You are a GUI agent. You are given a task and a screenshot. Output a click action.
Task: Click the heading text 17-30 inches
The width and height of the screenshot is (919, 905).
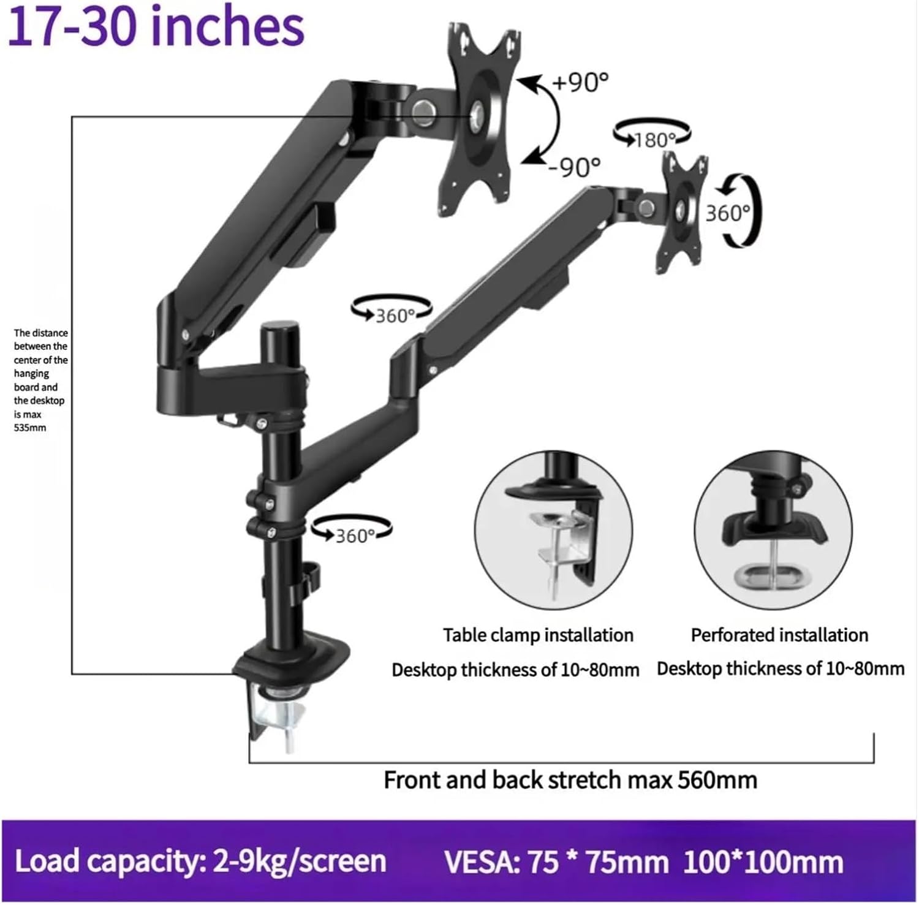coord(156,27)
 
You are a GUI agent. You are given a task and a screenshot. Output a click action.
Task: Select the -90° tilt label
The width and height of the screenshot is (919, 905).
coord(573,166)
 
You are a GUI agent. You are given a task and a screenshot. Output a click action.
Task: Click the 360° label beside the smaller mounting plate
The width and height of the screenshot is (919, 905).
coord(728,213)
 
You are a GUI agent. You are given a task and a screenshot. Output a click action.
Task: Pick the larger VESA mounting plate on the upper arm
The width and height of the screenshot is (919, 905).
coord(479,116)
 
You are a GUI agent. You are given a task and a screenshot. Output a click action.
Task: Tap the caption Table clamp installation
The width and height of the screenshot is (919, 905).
coord(538,635)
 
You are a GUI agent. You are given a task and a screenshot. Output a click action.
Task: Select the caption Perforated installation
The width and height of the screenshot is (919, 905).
coord(779,635)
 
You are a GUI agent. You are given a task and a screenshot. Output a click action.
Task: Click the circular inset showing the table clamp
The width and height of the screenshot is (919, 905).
coord(553,530)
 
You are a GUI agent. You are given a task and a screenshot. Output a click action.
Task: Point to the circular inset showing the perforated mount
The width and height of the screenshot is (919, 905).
coord(773,530)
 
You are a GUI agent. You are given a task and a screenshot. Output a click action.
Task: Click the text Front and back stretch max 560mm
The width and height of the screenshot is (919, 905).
coord(570,780)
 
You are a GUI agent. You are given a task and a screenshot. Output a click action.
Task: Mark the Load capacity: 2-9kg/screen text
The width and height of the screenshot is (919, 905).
coord(200,861)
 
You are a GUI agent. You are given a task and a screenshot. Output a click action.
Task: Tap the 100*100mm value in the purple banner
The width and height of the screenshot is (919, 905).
coord(763,862)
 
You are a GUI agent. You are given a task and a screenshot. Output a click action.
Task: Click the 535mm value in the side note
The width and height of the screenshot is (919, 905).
coord(30,428)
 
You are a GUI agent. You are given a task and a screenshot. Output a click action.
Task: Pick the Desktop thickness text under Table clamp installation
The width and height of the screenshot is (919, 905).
coord(515,670)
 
